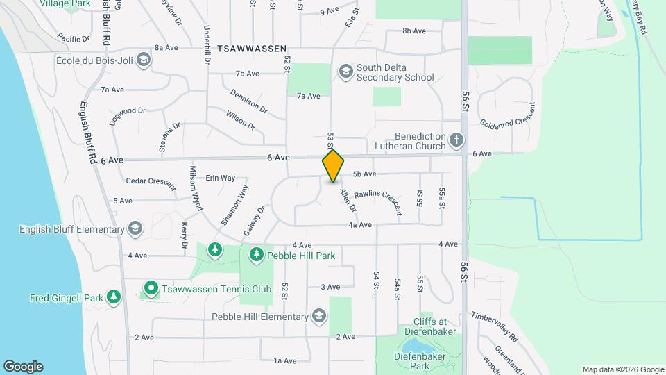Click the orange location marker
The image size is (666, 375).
tap(333, 165)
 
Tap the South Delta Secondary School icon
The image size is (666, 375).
tap(345, 72)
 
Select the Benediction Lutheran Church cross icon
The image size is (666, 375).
tap(456, 141)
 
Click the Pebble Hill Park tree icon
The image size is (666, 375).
tap(257, 256)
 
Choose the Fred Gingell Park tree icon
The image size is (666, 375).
tap(114, 299)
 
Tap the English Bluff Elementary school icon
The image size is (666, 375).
tap(135, 229)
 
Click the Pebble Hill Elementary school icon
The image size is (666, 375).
tap(318, 317)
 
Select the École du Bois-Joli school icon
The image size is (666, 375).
tap(143, 59)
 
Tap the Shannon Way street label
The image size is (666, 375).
tap(234, 204)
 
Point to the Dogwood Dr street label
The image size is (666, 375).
tap(128, 115)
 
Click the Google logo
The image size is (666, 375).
tap(23, 366)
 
